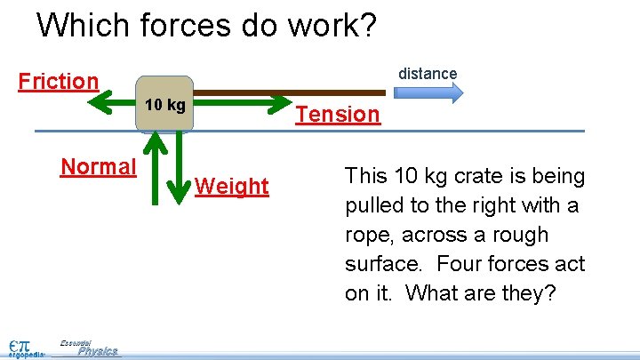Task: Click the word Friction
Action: click(59, 82)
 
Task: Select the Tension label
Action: click(338, 115)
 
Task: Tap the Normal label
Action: click(98, 167)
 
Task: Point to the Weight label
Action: click(231, 187)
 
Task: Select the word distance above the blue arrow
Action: click(428, 74)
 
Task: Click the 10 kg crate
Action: click(165, 105)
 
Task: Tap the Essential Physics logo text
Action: click(89, 348)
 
